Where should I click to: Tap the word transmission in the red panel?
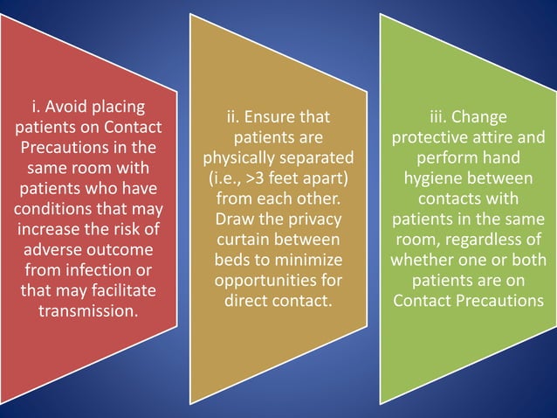[87, 310]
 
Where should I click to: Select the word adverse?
[56, 250]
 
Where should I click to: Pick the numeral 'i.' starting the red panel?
[36, 108]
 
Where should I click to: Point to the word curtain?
[244, 239]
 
